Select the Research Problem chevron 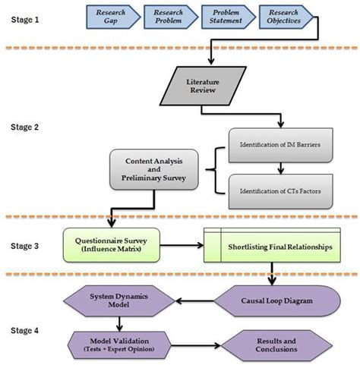tap(169, 17)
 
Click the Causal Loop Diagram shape tap(286, 300)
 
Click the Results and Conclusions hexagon tap(280, 342)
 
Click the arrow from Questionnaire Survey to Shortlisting tap(184, 246)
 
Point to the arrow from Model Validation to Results tap(198, 343)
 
